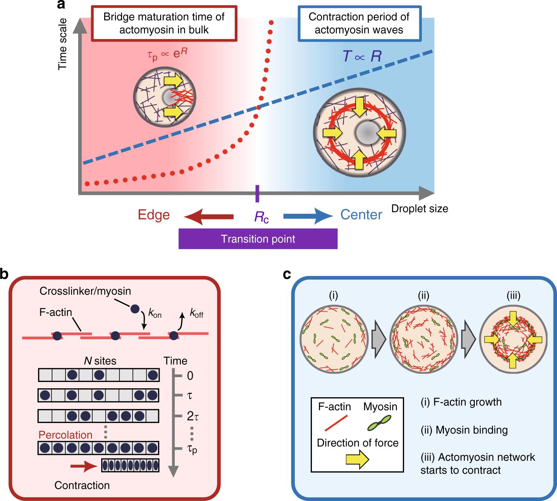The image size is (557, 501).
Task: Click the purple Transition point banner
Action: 258,238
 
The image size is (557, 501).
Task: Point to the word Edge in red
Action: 154,215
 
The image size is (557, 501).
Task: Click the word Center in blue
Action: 361,215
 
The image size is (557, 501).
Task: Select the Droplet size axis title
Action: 419,208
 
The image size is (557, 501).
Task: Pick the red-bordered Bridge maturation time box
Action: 164,23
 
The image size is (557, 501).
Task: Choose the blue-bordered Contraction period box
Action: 359,23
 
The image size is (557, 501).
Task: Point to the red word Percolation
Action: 65,435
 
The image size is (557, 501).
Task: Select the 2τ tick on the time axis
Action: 192,415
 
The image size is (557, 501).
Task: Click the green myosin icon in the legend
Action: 380,423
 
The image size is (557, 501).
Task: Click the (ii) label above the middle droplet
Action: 423,296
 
